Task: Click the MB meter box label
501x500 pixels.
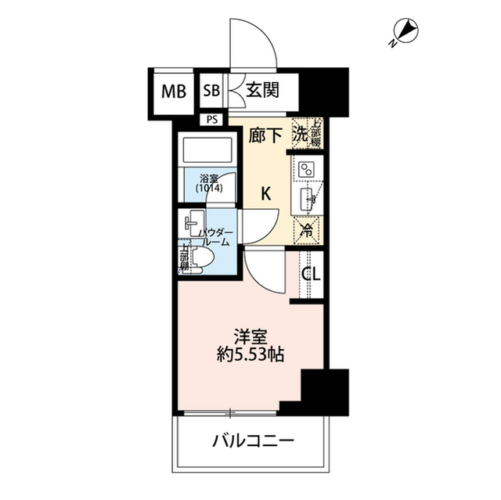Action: [x=174, y=91]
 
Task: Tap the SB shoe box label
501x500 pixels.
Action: [x=211, y=91]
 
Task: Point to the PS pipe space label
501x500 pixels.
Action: [x=212, y=120]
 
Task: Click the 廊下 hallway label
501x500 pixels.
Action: [x=265, y=135]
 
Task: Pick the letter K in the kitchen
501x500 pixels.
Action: [x=265, y=195]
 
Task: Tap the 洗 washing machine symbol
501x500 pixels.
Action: [x=301, y=134]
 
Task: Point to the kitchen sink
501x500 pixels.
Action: [x=308, y=199]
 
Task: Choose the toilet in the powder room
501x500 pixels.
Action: [x=199, y=258]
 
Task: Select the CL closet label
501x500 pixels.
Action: [x=311, y=274]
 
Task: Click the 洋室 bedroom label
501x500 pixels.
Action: [x=251, y=336]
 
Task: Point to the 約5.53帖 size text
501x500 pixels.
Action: [x=251, y=354]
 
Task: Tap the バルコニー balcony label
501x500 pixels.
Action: [x=253, y=441]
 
